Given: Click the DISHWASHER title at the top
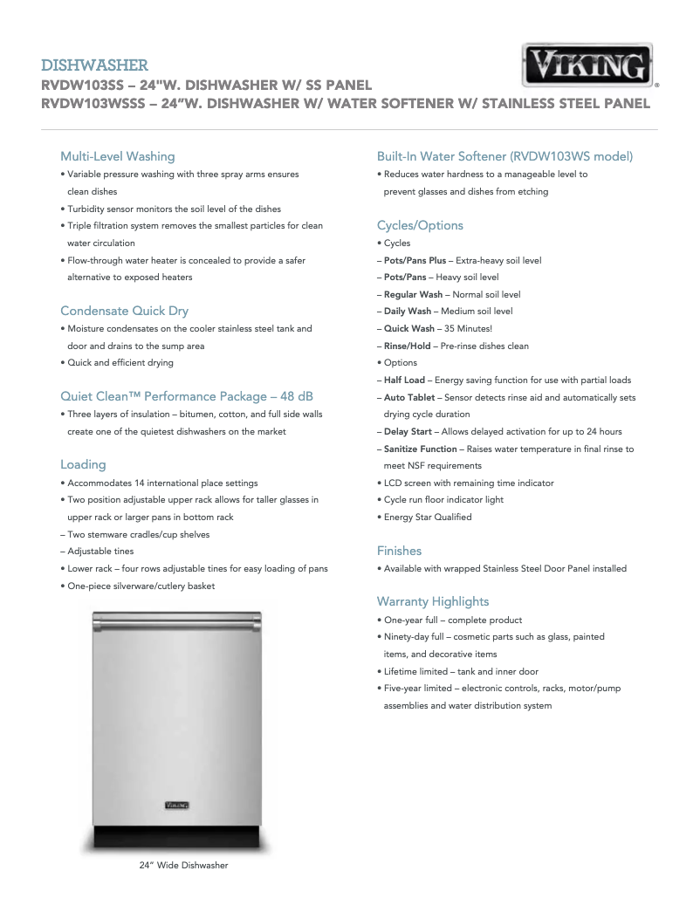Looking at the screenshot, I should (x=94, y=65).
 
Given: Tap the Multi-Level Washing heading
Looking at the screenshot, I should (x=117, y=156).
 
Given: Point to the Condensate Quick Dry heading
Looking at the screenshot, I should (x=124, y=311).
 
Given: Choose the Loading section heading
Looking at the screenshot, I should (x=83, y=464).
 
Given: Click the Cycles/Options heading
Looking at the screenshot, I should (x=420, y=225).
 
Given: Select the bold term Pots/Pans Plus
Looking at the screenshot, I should (x=415, y=260).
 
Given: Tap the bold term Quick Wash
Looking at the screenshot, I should (x=408, y=328).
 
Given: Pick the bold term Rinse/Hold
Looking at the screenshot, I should (x=407, y=346).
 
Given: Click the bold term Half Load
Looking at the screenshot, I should (x=404, y=380).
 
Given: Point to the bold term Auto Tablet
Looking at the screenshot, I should (x=408, y=397).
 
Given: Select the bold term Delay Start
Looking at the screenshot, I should (x=408, y=431).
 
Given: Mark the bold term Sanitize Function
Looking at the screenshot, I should (x=420, y=449).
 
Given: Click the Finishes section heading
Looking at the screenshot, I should (x=399, y=551).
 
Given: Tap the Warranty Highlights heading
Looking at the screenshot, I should (x=433, y=601).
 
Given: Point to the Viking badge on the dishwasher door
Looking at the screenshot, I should (x=177, y=804).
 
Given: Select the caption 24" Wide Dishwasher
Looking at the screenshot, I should (x=183, y=865).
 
